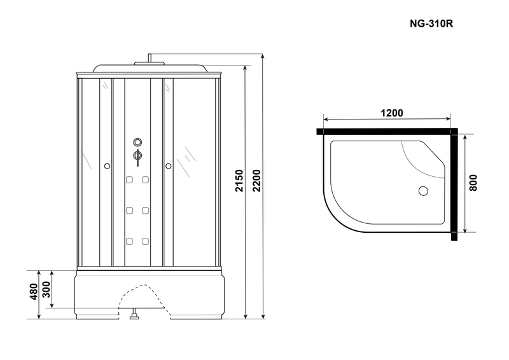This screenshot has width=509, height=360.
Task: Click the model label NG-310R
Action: coord(431,24)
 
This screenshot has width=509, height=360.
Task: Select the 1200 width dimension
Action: coord(391,113)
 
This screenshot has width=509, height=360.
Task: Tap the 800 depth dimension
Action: coord(473,183)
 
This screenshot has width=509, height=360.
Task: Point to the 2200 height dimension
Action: coord(256,181)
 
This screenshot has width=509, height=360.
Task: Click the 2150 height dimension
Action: coord(239,181)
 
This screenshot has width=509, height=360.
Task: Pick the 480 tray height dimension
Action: coord(34,291)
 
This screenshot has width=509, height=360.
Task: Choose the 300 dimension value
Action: coord(46,289)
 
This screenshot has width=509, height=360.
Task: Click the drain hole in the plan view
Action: coord(423,191)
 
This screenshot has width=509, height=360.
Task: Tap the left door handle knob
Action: coord(107,166)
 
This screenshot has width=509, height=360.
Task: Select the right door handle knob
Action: coord(168,166)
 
